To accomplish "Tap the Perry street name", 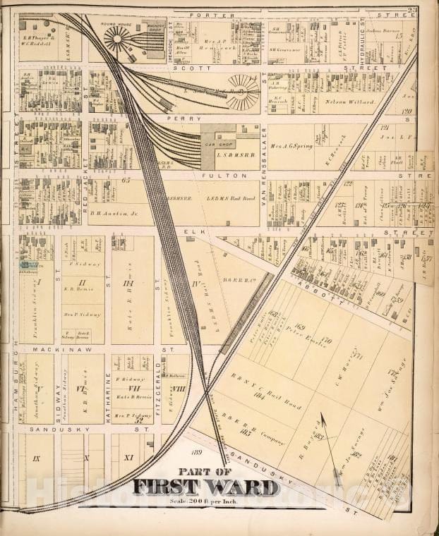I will (x=174, y=118).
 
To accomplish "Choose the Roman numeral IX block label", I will (x=37, y=458).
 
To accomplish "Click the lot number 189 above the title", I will (x=196, y=452).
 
